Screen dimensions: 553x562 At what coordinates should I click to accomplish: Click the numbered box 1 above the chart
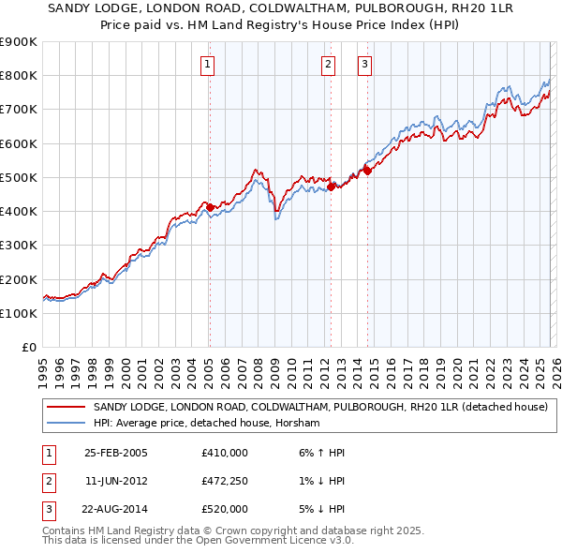click(x=207, y=65)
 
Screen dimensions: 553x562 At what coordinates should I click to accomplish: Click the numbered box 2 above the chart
click(x=329, y=65)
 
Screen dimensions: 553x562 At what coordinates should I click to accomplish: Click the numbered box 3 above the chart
click(x=364, y=65)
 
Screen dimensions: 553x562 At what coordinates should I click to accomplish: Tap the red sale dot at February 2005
click(x=210, y=207)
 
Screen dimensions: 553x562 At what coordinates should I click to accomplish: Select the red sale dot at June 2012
click(x=331, y=187)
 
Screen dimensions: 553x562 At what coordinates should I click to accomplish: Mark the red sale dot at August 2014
click(x=367, y=171)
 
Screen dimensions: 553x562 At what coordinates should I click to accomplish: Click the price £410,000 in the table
click(x=224, y=452)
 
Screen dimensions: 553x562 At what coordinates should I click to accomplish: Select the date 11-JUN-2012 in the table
click(x=116, y=480)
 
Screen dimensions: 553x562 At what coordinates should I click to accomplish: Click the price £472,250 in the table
click(x=224, y=480)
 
